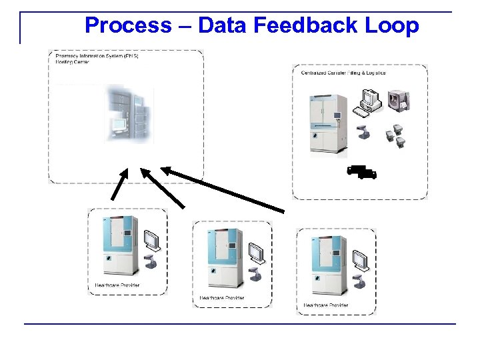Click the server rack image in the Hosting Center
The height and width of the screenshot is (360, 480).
point(129,114)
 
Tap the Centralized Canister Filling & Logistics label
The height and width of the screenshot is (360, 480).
point(343,73)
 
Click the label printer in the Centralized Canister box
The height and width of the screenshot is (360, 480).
point(401,101)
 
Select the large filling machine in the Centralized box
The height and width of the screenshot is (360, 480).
point(325,123)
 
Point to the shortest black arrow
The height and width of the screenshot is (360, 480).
point(119,183)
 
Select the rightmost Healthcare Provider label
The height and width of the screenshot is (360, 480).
point(325,305)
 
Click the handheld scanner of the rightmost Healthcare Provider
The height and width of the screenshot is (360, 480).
point(360,281)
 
